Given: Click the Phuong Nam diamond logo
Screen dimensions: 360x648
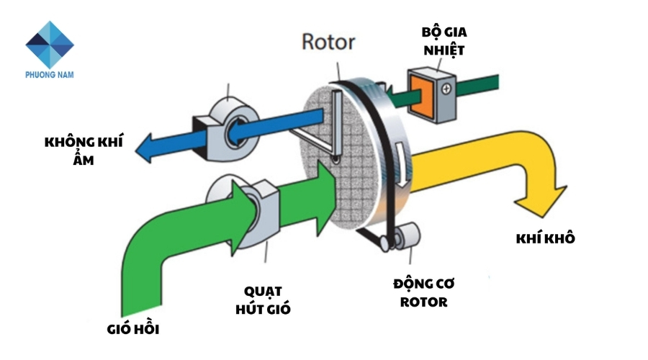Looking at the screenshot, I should pyautogui.click(x=50, y=44).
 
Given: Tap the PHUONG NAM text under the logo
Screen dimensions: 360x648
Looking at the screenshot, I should pyautogui.click(x=50, y=74).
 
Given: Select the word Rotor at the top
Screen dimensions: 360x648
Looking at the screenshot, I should pyautogui.click(x=328, y=42).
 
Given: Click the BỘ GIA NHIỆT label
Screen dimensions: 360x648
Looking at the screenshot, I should pyautogui.click(x=444, y=41).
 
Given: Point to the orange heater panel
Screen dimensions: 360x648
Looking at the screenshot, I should pyautogui.click(x=423, y=91).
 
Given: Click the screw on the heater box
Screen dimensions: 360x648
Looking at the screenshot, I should pyautogui.click(x=447, y=89).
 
